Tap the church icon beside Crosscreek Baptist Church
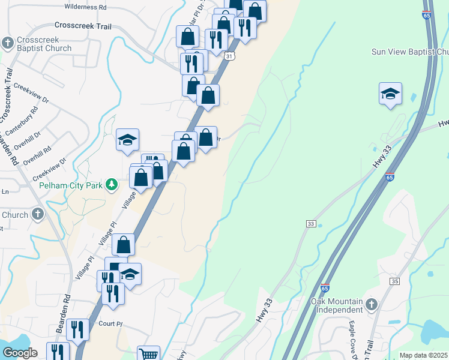tap(8, 43)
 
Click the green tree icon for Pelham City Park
tap(111, 184)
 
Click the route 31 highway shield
tap(230, 56)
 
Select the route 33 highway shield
tap(310, 224)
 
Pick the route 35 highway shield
tap(394, 281)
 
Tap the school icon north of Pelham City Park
tap(128, 140)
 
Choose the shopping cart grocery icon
tap(148, 355)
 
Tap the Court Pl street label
tap(110, 323)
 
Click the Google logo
tap(20, 353)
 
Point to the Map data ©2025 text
tap(423, 355)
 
